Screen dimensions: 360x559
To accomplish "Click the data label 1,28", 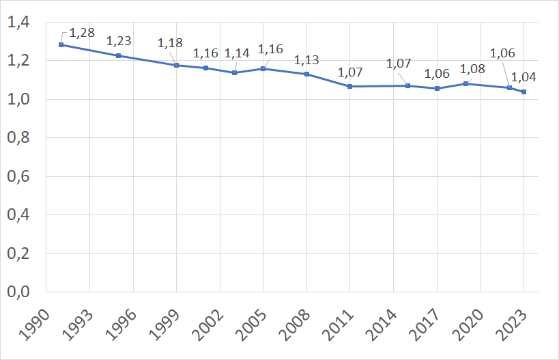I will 82,32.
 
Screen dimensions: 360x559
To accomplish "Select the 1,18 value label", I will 170,43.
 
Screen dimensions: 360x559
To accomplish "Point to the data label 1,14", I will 237,53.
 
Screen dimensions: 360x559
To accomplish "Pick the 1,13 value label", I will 306,60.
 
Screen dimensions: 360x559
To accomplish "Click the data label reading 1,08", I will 472,69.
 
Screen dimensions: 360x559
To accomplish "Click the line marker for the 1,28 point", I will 61,45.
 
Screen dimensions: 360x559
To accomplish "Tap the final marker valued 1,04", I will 524,92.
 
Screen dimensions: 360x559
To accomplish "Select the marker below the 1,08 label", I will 466,83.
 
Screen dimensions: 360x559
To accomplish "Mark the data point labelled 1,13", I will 307,74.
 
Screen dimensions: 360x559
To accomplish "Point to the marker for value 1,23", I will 119,55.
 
